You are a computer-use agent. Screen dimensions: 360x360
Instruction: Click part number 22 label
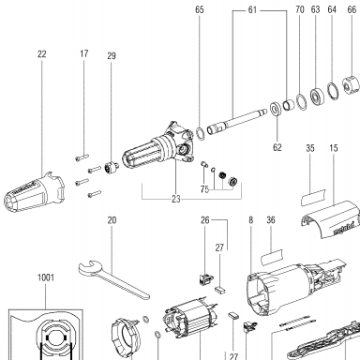coord(42,54)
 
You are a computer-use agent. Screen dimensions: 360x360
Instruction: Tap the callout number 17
coord(83,53)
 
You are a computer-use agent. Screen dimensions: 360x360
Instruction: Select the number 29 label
coord(112,56)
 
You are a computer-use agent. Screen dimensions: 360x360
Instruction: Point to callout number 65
coord(200,9)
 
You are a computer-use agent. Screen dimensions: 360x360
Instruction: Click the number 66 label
coord(352,9)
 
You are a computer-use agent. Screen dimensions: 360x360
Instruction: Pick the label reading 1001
coord(46,277)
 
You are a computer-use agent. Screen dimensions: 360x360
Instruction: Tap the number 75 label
coord(204,189)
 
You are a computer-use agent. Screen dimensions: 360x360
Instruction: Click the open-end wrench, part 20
coord(112,278)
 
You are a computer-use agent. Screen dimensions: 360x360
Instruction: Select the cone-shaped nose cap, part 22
coord(34,191)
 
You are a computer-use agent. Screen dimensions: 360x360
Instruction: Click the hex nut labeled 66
coord(350,84)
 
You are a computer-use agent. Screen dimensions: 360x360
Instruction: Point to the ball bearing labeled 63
coord(317,97)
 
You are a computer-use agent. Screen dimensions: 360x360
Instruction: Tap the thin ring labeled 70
coord(302,101)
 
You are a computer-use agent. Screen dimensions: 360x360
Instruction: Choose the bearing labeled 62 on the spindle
coord(276,109)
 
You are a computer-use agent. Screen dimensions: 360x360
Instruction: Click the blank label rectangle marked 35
coord(313,197)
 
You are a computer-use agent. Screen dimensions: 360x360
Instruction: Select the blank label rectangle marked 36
coord(272,257)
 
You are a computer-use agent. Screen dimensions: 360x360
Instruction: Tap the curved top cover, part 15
coord(331,219)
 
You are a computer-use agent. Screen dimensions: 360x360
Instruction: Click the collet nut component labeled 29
coord(112,169)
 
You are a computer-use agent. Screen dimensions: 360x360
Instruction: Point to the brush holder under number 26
coord(205,278)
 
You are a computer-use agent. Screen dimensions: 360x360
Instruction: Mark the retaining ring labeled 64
coord(333,91)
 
